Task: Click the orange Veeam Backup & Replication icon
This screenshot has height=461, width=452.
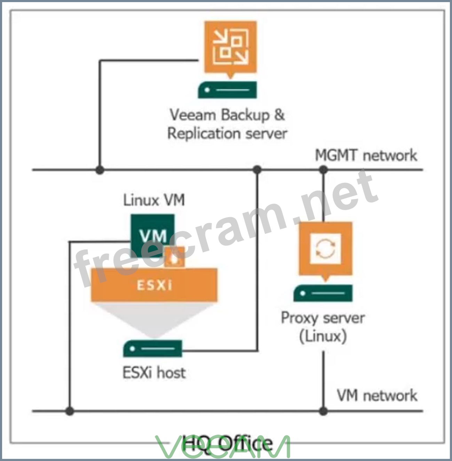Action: click(x=230, y=47)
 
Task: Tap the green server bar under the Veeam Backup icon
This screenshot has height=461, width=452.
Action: click(x=227, y=90)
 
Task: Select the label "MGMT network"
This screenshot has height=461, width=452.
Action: click(x=366, y=155)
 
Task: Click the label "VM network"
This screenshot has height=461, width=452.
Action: click(x=377, y=396)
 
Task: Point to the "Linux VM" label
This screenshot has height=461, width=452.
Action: click(x=154, y=200)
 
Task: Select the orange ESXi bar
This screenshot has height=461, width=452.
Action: click(x=154, y=285)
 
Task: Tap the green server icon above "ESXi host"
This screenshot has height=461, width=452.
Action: click(x=152, y=349)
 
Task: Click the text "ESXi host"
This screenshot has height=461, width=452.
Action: click(x=154, y=373)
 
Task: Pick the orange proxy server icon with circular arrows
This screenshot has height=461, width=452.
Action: click(x=325, y=249)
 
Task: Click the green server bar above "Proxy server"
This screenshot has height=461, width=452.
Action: click(x=323, y=293)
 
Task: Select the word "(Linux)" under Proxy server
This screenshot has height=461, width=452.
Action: click(x=323, y=336)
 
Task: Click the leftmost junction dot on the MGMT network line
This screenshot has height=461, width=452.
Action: click(x=100, y=170)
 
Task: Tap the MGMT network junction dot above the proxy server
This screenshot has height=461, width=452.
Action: click(x=323, y=170)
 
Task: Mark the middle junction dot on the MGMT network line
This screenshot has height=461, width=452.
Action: click(x=257, y=170)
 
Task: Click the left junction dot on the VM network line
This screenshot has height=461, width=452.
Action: click(x=70, y=411)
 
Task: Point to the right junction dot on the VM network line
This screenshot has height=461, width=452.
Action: click(x=323, y=411)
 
